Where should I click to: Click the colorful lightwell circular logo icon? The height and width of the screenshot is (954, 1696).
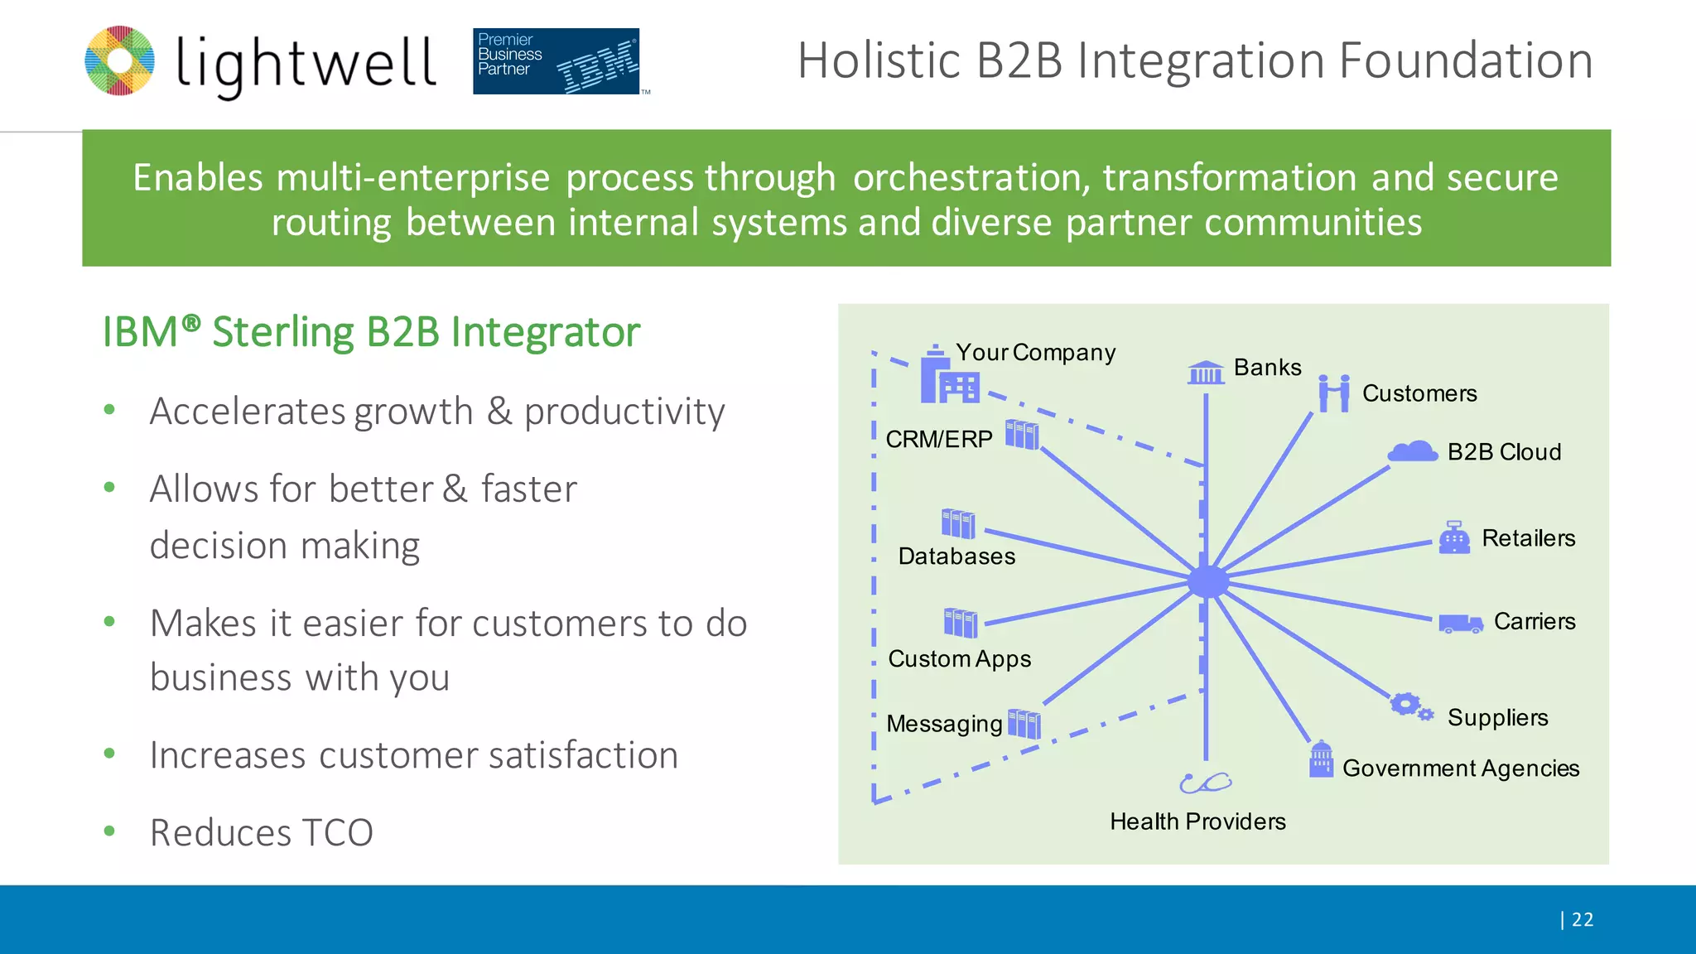120,60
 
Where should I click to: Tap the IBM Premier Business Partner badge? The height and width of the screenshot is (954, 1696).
556,61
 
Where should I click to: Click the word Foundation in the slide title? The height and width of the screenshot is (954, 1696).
1466,61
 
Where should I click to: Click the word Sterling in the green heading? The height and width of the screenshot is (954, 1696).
283,332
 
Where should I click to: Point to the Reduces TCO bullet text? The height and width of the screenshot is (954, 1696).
262,832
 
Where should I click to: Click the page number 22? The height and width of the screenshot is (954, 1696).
1582,919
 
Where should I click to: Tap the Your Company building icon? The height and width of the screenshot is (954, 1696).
947,377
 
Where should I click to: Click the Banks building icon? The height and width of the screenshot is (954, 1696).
1206,373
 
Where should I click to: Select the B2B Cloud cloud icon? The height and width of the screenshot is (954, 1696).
1413,451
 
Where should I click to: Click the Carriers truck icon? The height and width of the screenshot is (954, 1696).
1460,624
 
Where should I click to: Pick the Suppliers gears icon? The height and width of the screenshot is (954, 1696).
1410,706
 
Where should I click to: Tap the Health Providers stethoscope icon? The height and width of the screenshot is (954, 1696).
1205,783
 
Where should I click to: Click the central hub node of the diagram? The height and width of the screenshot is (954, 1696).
1207,581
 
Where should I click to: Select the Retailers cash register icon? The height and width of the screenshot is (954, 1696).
1454,537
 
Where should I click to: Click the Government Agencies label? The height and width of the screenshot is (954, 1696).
1460,768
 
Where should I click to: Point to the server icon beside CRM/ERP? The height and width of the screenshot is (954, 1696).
1022,434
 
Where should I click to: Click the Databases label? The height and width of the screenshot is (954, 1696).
956,556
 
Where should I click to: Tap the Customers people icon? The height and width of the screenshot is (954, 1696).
1334,393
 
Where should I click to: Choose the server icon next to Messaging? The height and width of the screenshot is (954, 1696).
1024,724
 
